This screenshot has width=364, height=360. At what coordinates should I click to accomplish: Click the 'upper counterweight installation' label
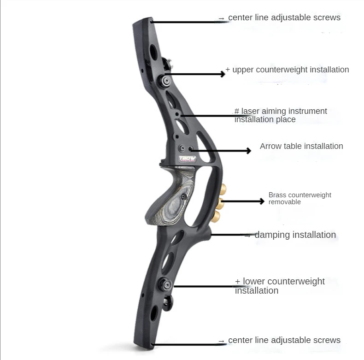click(x=290, y=70)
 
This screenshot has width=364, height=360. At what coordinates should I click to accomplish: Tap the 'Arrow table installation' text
click(x=301, y=146)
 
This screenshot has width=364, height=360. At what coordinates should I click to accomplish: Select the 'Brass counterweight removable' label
click(x=300, y=198)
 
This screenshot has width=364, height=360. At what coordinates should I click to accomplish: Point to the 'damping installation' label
click(x=295, y=235)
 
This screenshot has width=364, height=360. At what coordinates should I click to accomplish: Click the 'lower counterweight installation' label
click(x=280, y=286)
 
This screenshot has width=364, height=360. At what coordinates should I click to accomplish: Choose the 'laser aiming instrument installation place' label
click(x=281, y=115)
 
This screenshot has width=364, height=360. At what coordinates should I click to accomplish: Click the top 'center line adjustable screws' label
click(x=284, y=18)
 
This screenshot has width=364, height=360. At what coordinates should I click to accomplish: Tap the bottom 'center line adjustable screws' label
click(x=284, y=340)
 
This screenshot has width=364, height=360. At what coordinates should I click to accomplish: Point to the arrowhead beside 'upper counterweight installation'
click(x=223, y=74)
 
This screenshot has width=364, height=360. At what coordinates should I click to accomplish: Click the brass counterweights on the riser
click(x=220, y=201)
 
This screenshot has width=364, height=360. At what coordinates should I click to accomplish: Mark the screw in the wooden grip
click(x=184, y=197)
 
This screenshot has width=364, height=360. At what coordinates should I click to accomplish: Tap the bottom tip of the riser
click(x=145, y=343)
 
